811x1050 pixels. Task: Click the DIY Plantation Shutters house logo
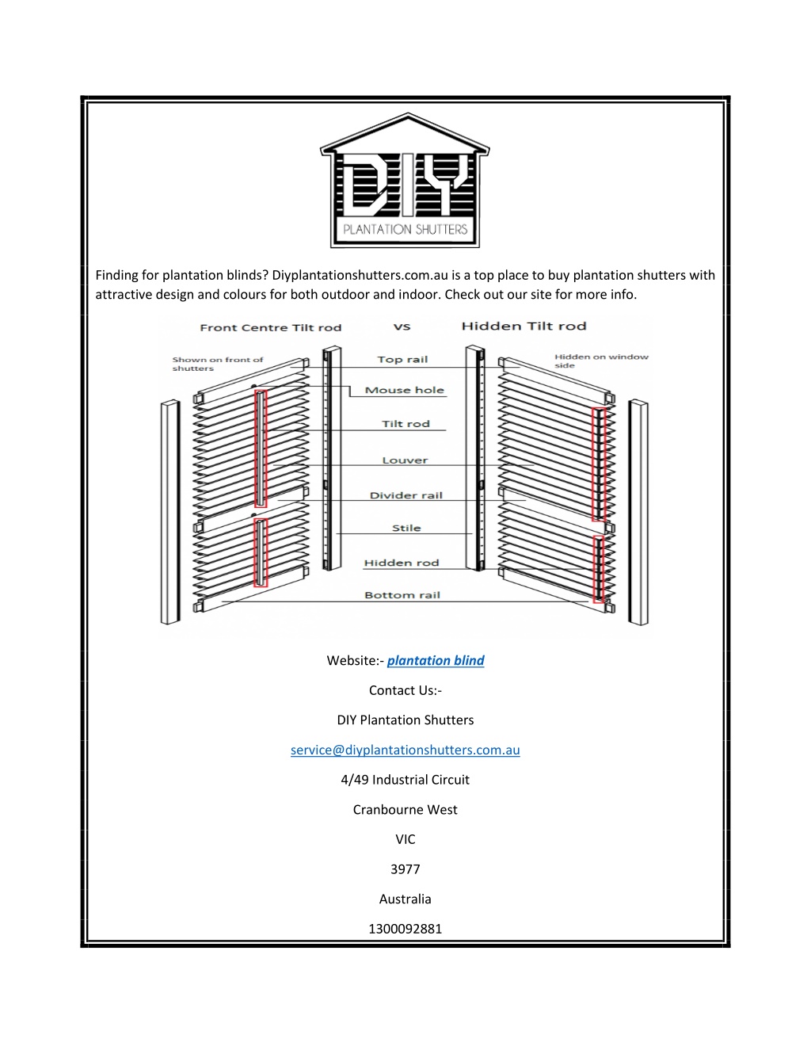(x=405, y=180)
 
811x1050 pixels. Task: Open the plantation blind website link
(x=436, y=661)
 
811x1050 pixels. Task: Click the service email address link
(x=405, y=750)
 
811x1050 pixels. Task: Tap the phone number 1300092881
(x=405, y=929)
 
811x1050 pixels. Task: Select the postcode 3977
(x=405, y=869)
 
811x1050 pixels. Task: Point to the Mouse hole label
(x=405, y=390)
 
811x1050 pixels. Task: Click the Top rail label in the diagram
(x=402, y=360)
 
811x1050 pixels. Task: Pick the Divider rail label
(x=406, y=495)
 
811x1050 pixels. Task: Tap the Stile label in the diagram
(x=406, y=528)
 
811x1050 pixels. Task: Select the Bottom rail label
(x=402, y=595)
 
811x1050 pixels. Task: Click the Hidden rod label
(x=402, y=563)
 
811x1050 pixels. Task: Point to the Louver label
(x=405, y=460)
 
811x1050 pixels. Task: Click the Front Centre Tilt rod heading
(x=270, y=327)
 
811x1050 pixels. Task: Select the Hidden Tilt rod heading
(x=524, y=326)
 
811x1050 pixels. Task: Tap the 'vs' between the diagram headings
(x=402, y=327)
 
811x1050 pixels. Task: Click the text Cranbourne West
(x=405, y=809)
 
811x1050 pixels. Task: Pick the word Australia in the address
(x=405, y=899)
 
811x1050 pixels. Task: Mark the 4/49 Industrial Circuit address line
(x=405, y=780)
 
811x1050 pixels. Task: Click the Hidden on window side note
(x=601, y=361)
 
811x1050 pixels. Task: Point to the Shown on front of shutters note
(x=218, y=364)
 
